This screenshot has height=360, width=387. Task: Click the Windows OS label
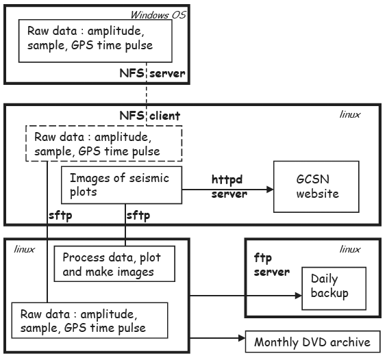(158, 15)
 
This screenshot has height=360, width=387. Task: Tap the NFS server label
(152, 73)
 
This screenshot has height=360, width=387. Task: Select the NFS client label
(150, 116)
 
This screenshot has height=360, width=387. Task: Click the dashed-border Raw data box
(104, 143)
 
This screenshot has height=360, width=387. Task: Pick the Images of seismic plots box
(121, 185)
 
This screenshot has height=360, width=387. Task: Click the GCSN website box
(316, 186)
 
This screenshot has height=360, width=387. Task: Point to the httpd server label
(229, 187)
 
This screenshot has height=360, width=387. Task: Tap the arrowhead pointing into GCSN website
(270, 190)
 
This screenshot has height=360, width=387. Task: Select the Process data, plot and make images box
(114, 263)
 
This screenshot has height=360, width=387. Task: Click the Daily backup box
(334, 288)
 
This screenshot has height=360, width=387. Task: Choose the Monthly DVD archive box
(313, 342)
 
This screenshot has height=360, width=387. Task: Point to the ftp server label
(272, 265)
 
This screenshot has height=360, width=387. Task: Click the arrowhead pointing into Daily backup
(299, 296)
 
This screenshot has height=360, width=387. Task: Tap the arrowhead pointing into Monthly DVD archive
(242, 338)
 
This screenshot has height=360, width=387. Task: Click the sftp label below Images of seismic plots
(138, 216)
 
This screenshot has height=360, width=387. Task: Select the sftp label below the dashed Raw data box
(60, 216)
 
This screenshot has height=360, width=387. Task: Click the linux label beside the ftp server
(350, 249)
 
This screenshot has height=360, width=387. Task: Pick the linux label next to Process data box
(24, 249)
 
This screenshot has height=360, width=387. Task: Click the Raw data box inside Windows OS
(95, 40)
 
